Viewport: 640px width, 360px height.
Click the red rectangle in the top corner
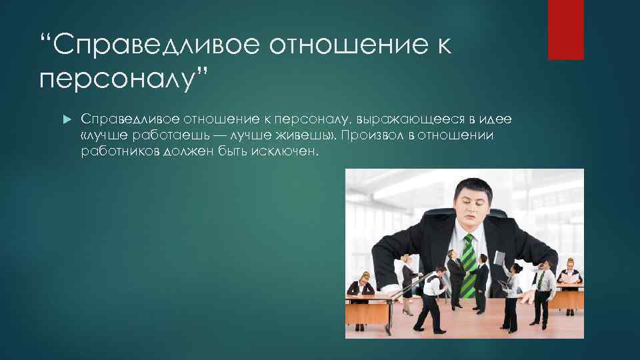click(565, 29)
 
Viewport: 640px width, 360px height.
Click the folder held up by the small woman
click(500, 258)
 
